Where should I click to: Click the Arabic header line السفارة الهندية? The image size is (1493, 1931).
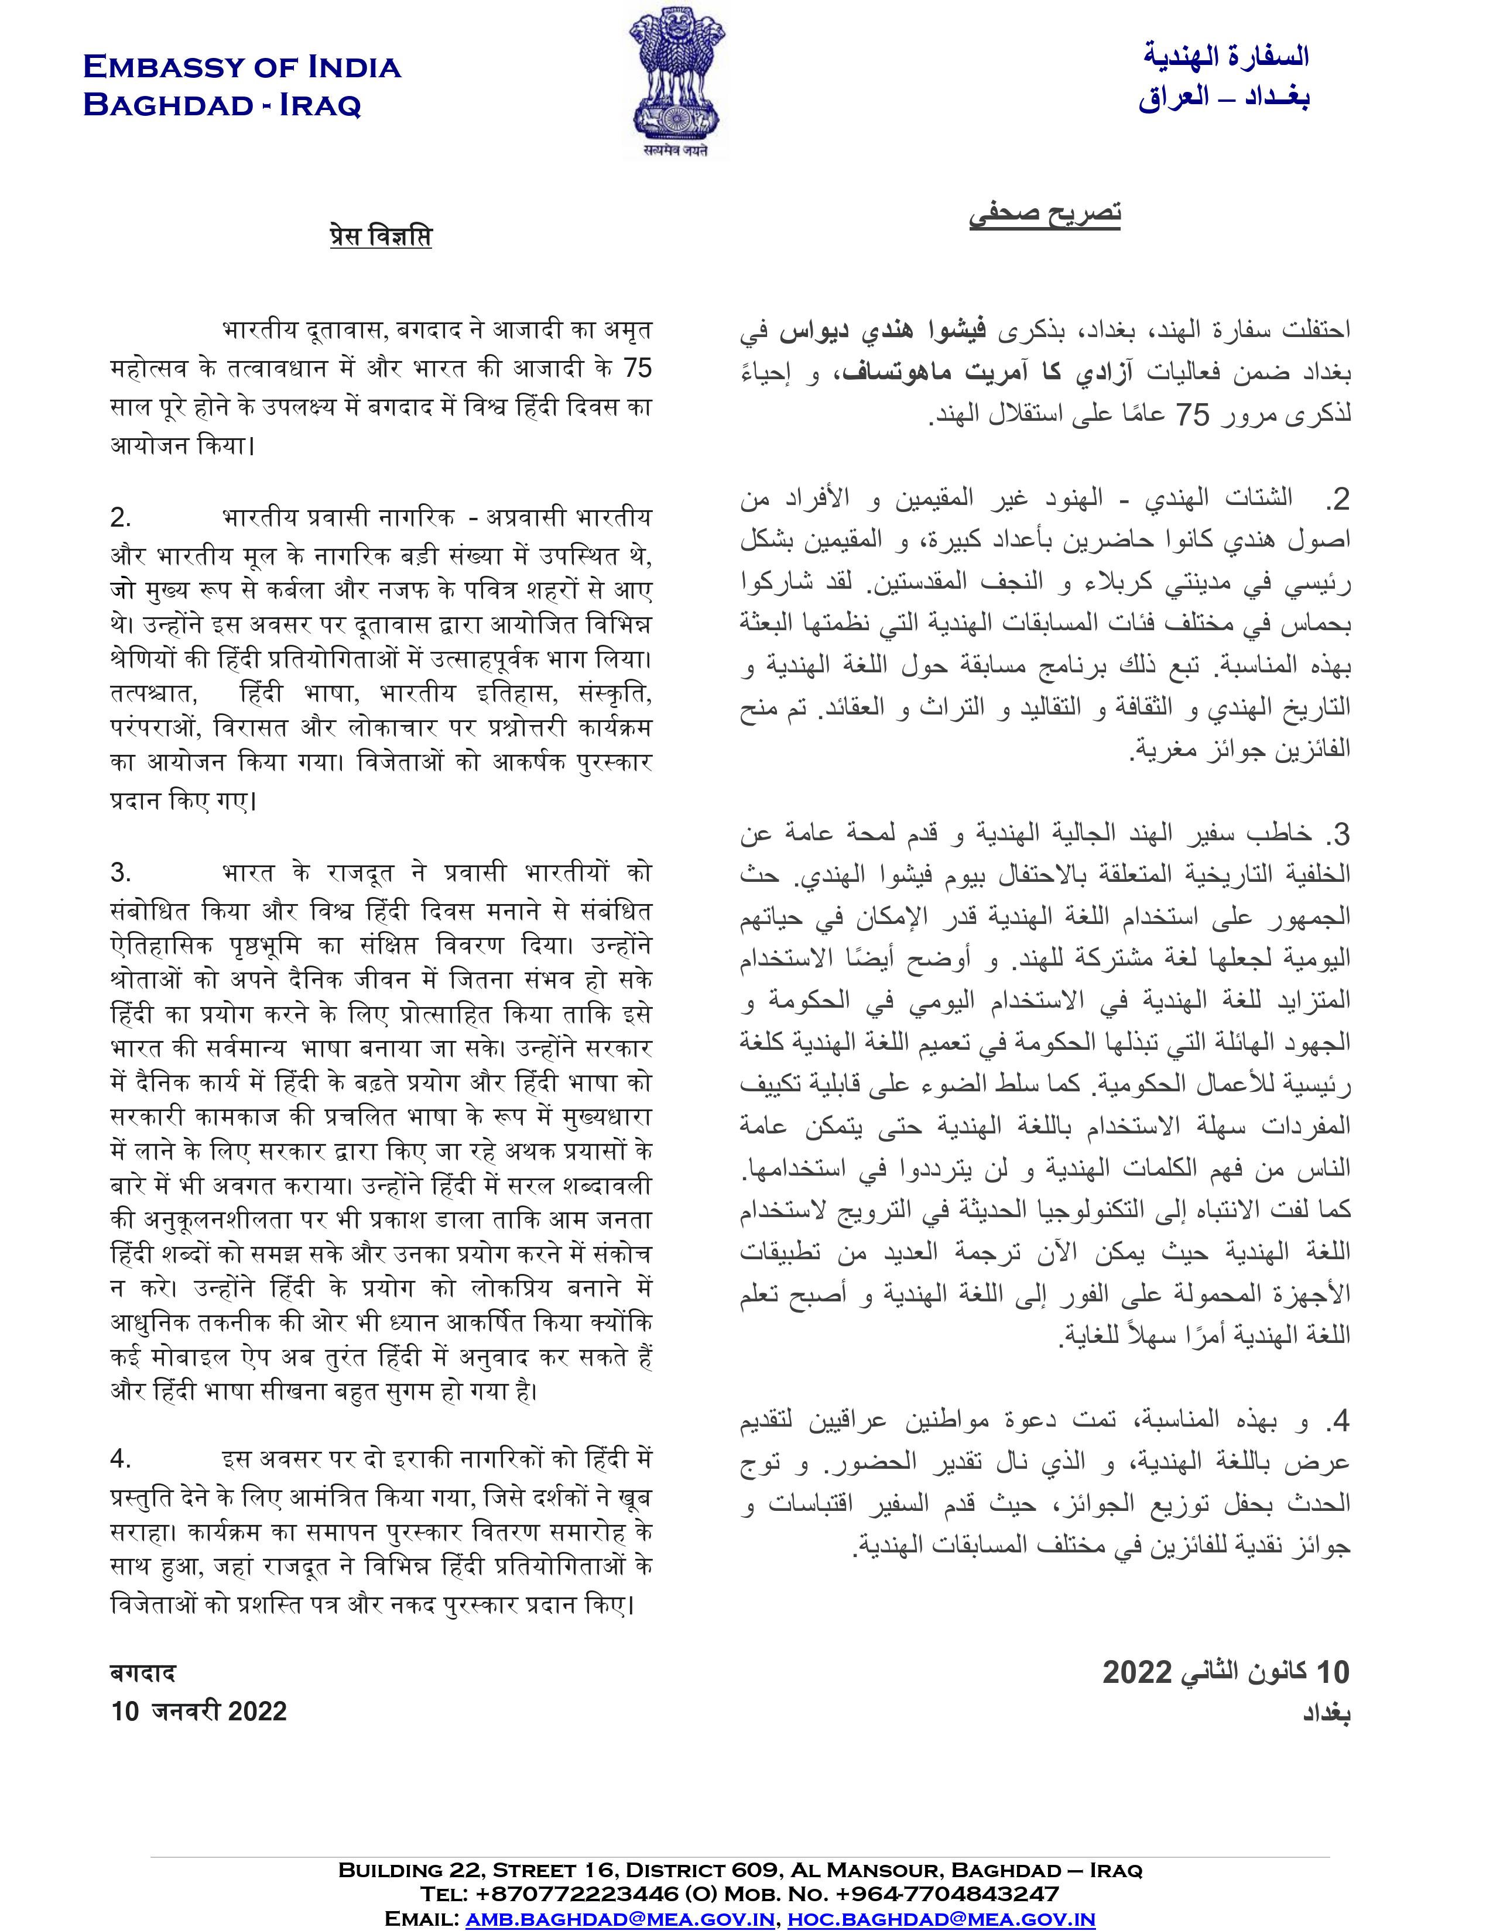(x=1226, y=57)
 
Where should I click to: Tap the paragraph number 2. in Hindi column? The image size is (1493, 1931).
(x=121, y=517)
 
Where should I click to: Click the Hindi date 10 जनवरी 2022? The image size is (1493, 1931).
(x=199, y=1711)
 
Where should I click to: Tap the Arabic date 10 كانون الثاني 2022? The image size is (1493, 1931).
(x=1226, y=1672)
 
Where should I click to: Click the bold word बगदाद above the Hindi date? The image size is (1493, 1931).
(x=142, y=1673)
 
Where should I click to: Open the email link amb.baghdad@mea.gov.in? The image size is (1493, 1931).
(x=620, y=1919)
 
